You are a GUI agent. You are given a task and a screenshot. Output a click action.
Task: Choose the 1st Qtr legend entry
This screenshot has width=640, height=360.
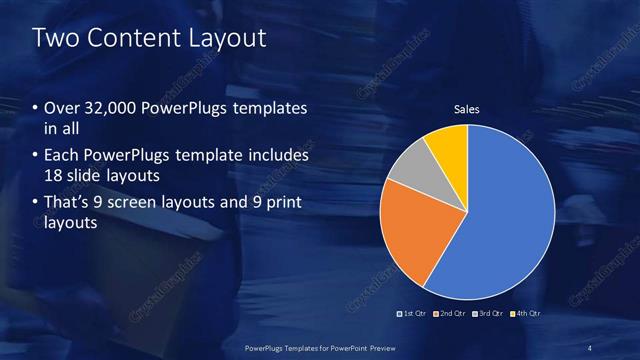point(415,314)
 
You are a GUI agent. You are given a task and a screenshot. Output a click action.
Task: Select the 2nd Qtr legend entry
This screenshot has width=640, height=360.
point(451,314)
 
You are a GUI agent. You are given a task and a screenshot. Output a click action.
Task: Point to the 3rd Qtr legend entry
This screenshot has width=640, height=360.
point(488,314)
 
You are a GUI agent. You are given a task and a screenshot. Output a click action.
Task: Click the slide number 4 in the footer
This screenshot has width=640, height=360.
point(590,347)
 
